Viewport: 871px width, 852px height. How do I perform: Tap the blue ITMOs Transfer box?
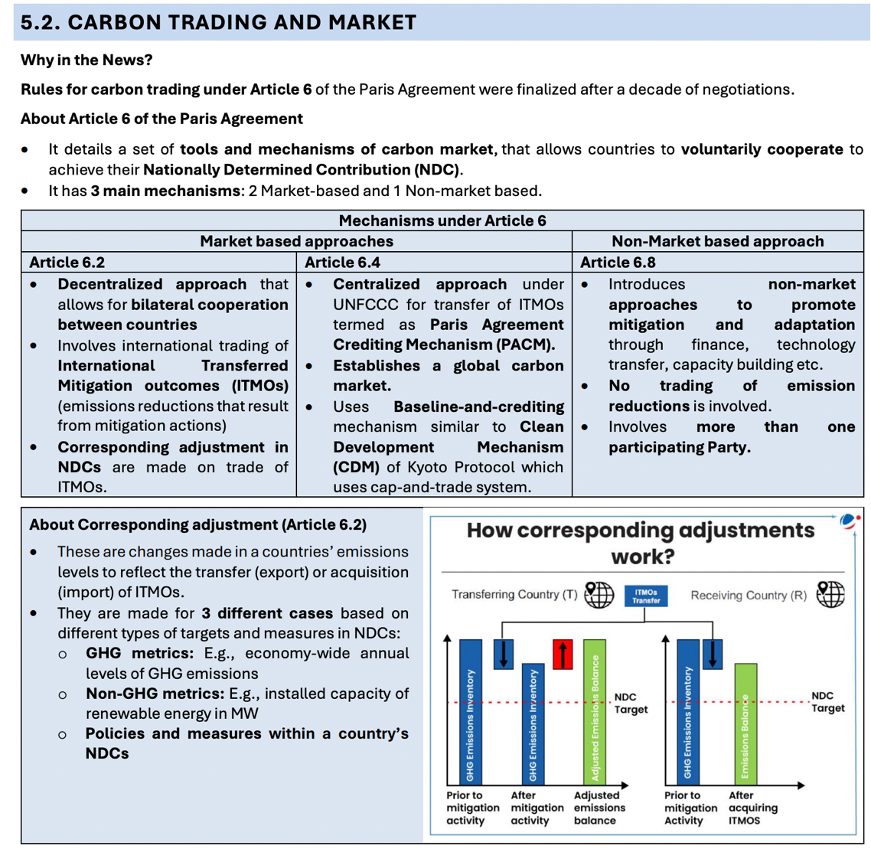(x=646, y=596)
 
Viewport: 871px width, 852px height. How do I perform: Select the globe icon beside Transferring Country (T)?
(x=599, y=594)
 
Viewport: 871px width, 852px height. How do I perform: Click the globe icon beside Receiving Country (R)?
(x=830, y=594)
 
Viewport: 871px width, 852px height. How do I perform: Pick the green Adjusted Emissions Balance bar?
(x=595, y=712)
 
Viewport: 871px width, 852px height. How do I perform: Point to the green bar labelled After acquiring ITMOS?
(x=745, y=723)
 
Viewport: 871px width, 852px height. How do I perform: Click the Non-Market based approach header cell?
(x=718, y=241)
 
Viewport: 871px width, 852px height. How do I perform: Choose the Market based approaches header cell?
(x=296, y=241)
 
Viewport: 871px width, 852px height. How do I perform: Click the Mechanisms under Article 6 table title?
(x=442, y=220)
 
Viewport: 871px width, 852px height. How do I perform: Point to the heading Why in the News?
(x=86, y=60)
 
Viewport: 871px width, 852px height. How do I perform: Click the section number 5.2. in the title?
(x=40, y=22)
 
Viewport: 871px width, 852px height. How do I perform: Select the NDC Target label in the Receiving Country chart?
(x=827, y=702)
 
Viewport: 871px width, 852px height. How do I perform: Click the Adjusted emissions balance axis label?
(x=599, y=808)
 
